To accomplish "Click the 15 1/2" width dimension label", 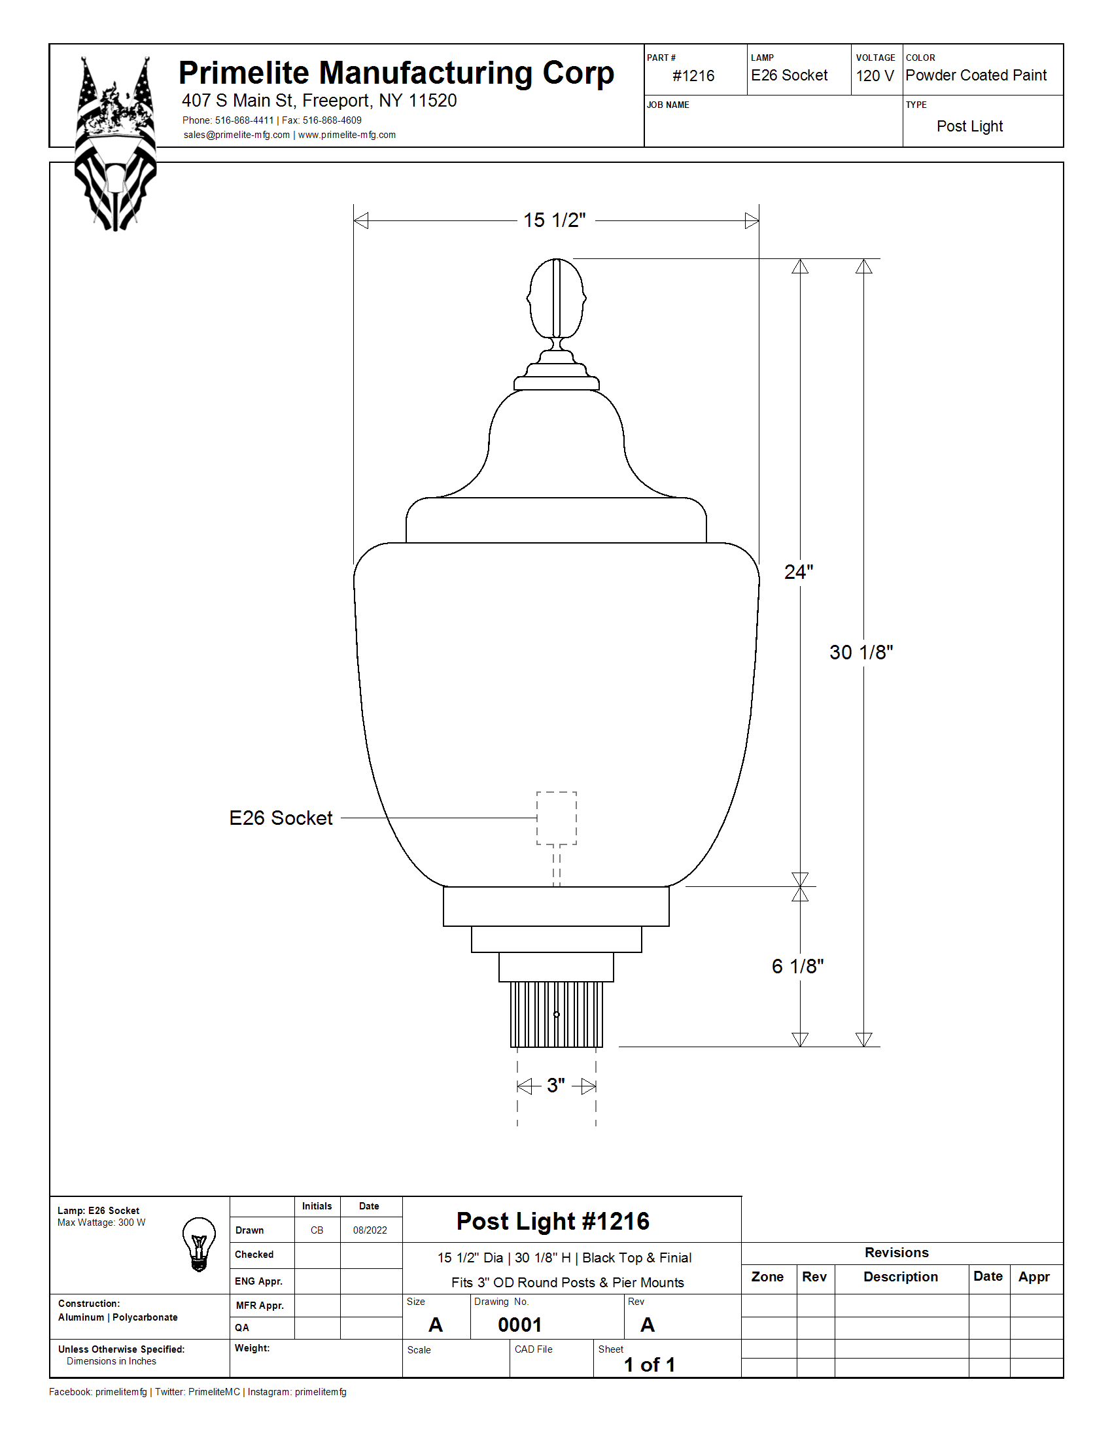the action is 554,220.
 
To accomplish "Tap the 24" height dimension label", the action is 799,572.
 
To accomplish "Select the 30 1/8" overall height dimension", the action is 861,652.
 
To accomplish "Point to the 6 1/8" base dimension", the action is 798,966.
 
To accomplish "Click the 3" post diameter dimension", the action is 556,1085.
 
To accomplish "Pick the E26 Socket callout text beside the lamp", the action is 281,818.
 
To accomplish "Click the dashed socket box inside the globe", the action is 557,818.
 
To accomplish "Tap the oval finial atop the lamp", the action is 557,298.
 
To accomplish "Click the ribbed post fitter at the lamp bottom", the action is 557,1014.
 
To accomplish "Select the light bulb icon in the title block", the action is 199,1244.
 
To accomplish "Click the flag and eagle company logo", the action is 116,144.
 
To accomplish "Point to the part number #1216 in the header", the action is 693,76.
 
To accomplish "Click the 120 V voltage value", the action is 875,76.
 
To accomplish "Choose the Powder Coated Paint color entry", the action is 976,75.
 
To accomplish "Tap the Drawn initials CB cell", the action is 317,1230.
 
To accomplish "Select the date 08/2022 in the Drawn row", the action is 370,1230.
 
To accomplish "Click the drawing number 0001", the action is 520,1325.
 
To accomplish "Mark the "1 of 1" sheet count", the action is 650,1364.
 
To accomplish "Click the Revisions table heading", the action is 897,1253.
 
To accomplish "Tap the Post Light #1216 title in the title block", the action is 553,1221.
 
